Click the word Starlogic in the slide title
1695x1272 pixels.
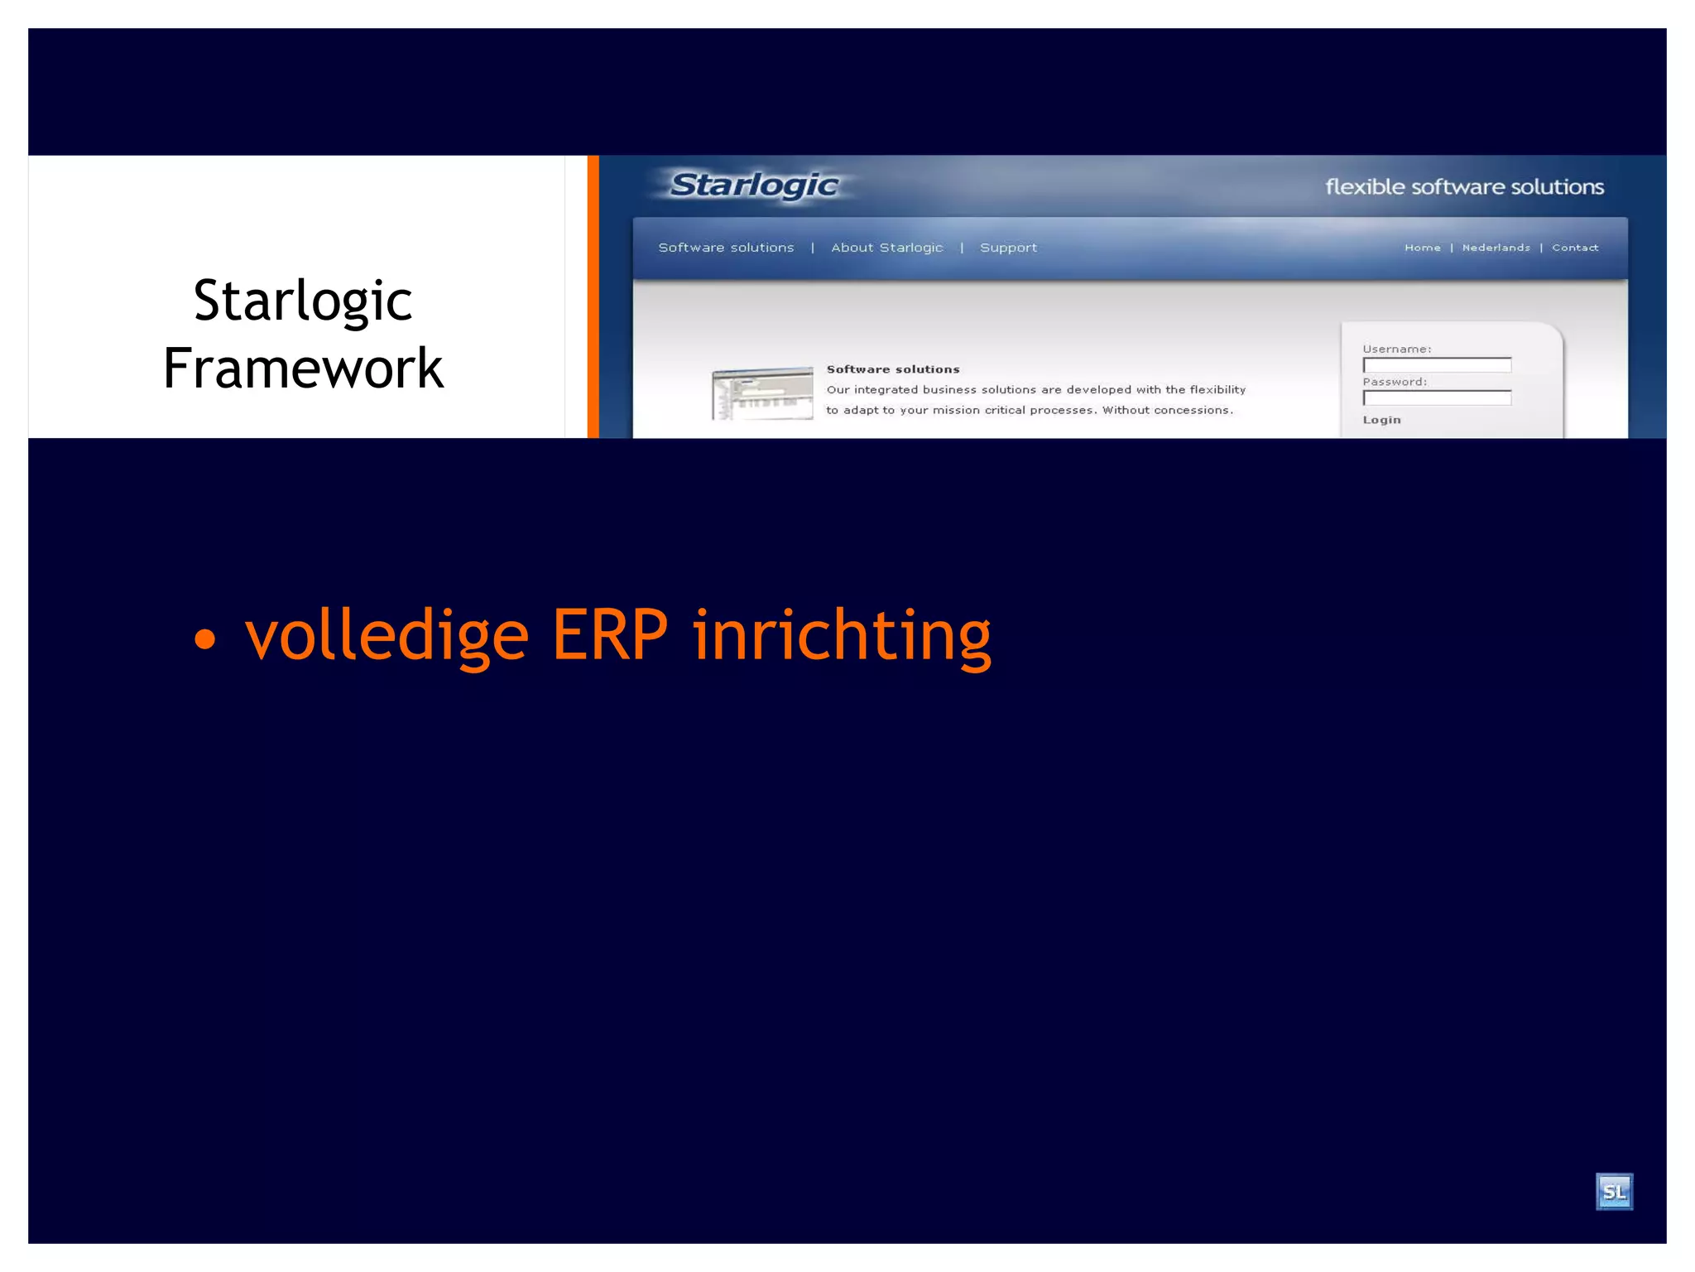point(303,301)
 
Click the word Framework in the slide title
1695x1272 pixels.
point(303,369)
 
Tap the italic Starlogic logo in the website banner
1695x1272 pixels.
point(754,185)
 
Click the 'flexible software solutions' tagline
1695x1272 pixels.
point(1464,187)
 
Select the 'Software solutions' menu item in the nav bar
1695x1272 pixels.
point(726,248)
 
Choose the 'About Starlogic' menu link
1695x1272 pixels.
point(886,248)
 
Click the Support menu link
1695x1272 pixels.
point(1008,248)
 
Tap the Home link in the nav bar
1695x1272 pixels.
point(1422,248)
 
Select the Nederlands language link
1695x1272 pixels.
point(1496,248)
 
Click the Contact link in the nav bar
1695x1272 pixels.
point(1574,248)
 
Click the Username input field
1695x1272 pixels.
point(1437,365)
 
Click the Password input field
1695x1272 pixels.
point(1437,398)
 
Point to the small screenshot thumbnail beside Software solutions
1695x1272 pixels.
point(762,393)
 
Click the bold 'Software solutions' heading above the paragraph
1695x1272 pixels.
point(893,369)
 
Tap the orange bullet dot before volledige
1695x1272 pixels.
point(204,638)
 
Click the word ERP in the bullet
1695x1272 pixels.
point(609,635)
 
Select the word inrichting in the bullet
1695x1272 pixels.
point(842,635)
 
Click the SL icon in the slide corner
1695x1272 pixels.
point(1613,1192)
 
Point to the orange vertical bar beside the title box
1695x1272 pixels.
point(593,296)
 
